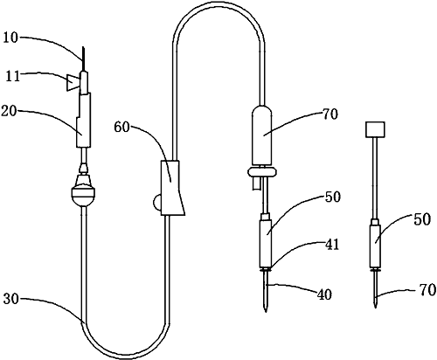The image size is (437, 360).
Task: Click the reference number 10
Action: (10, 38)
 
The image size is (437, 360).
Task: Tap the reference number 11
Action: (12, 77)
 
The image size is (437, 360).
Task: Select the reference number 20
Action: (9, 111)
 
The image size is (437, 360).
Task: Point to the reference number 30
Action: (11, 299)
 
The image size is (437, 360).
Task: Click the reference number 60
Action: (121, 127)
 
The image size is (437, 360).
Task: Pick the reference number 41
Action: (332, 245)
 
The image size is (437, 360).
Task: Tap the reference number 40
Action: (324, 294)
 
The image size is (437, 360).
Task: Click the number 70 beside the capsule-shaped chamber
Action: (330, 114)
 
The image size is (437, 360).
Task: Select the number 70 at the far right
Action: (428, 290)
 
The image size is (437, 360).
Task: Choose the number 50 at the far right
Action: (422, 219)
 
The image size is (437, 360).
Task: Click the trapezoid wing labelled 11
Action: (73, 82)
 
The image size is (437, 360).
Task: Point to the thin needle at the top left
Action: (84, 59)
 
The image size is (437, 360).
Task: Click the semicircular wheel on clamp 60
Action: (157, 202)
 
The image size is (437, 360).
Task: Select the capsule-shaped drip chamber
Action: (261, 135)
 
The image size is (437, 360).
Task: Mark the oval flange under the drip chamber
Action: (262, 172)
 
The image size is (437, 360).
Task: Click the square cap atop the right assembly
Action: (375, 129)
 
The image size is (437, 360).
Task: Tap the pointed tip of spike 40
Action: (266, 312)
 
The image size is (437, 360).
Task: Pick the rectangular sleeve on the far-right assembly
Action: (375, 246)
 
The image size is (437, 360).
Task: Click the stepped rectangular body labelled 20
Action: (83, 120)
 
